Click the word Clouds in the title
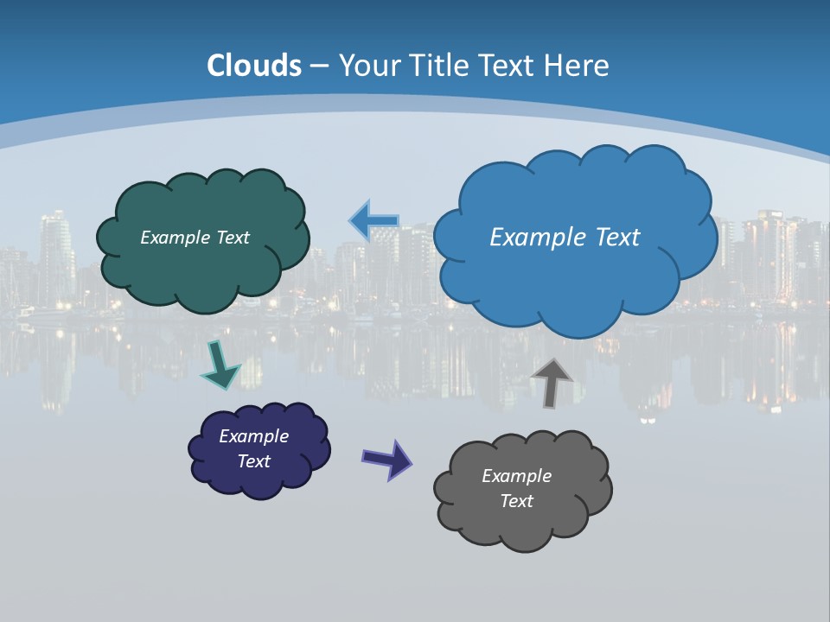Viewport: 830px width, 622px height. [x=254, y=66]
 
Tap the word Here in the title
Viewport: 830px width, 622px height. [x=579, y=66]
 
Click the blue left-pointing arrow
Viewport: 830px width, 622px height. [x=373, y=221]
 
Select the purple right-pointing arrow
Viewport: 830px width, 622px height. [x=386, y=459]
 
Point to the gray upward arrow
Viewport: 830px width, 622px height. [x=551, y=382]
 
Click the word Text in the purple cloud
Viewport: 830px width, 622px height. [x=254, y=461]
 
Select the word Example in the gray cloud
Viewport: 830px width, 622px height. [x=516, y=476]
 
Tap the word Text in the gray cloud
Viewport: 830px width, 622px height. [x=516, y=501]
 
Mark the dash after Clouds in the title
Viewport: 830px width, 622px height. [x=318, y=66]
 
